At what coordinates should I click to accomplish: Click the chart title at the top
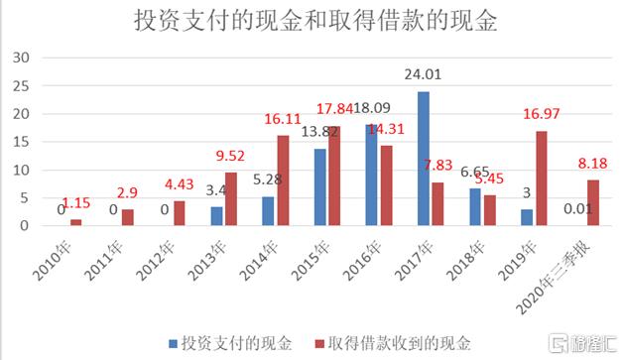(x=315, y=22)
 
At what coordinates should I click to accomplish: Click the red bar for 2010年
(x=76, y=222)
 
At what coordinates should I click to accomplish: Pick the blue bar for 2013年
(x=217, y=216)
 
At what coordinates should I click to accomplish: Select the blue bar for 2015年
(x=320, y=187)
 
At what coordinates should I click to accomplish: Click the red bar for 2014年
(x=283, y=180)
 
